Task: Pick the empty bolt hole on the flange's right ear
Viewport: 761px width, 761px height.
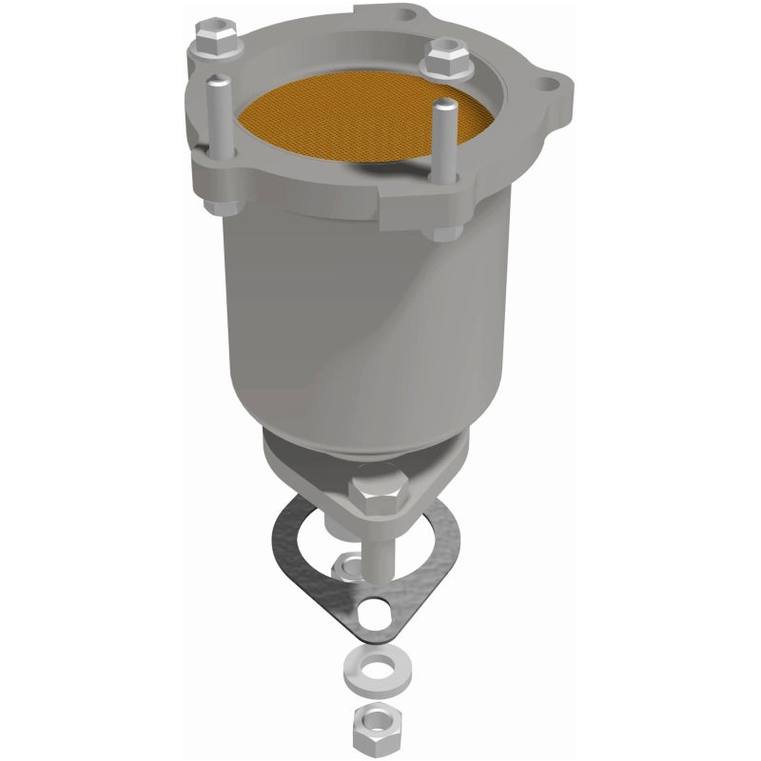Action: [549, 88]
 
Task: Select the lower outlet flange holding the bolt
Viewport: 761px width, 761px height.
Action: [314, 476]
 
